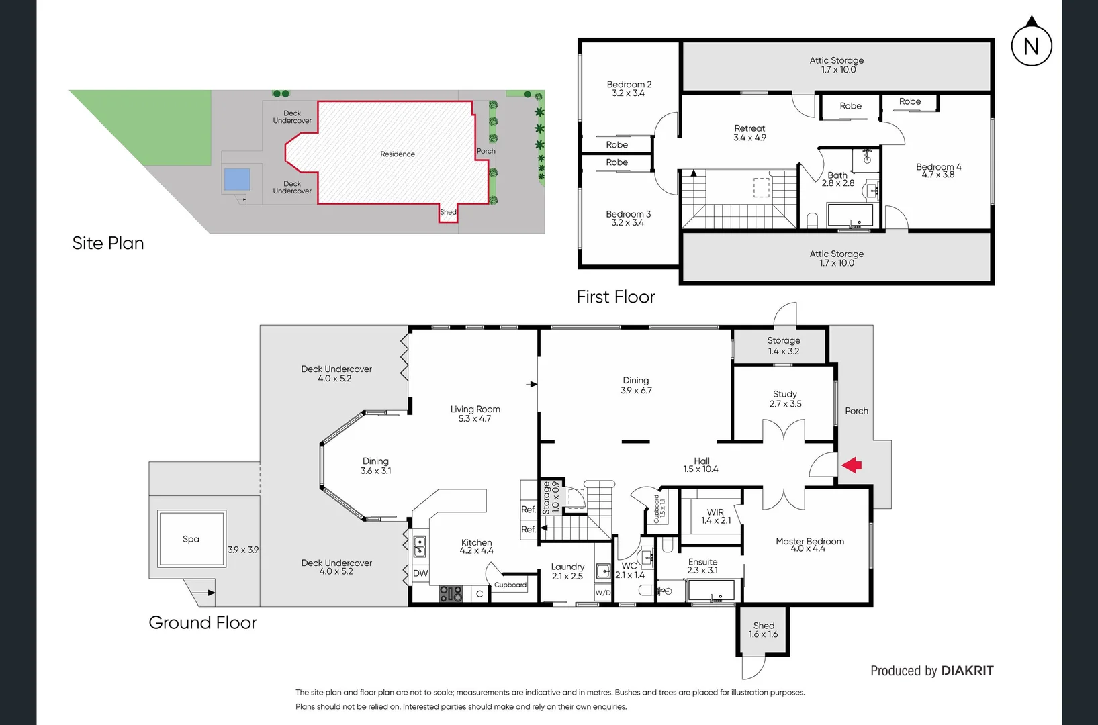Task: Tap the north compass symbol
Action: pyautogui.click(x=1032, y=44)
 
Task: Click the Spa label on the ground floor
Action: pyautogui.click(x=191, y=539)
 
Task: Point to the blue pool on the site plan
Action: pyautogui.click(x=237, y=179)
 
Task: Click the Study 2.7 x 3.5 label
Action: pyautogui.click(x=785, y=399)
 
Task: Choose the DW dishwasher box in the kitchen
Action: pyautogui.click(x=420, y=573)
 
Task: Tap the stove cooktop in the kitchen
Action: pyautogui.click(x=451, y=593)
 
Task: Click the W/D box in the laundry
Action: pyautogui.click(x=603, y=593)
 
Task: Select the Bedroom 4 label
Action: pyautogui.click(x=938, y=171)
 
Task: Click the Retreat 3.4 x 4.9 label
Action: pyautogui.click(x=749, y=132)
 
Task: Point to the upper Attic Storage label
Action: pyautogui.click(x=836, y=64)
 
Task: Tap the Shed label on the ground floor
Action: pyautogui.click(x=764, y=630)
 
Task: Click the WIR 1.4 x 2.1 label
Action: pyautogui.click(x=715, y=516)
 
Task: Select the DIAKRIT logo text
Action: pyautogui.click(x=967, y=671)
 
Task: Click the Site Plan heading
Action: pyautogui.click(x=108, y=243)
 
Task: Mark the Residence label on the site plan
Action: pyautogui.click(x=398, y=154)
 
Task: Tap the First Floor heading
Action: pyautogui.click(x=615, y=297)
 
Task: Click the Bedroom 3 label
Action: pyautogui.click(x=628, y=218)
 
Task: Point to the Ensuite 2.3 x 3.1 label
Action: pyautogui.click(x=702, y=566)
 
